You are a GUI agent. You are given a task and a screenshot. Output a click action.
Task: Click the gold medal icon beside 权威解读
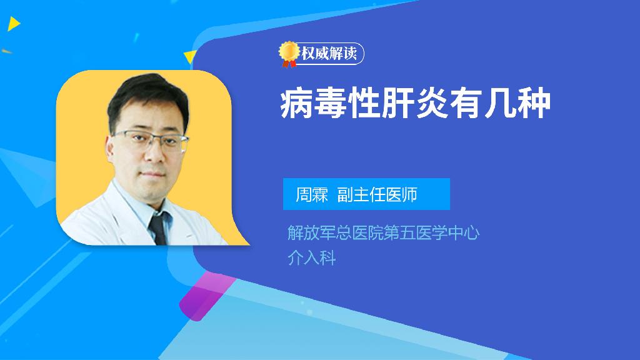(288, 53)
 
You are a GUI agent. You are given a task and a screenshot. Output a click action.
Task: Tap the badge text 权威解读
(329, 54)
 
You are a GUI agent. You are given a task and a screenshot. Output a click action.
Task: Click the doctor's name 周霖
(311, 194)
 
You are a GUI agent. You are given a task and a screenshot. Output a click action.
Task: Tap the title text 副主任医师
(377, 194)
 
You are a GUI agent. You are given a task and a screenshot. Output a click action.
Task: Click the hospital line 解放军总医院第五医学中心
(382, 233)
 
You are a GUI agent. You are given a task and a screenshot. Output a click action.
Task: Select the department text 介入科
(311, 257)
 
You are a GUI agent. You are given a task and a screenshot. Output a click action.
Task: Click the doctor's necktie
(157, 228)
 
